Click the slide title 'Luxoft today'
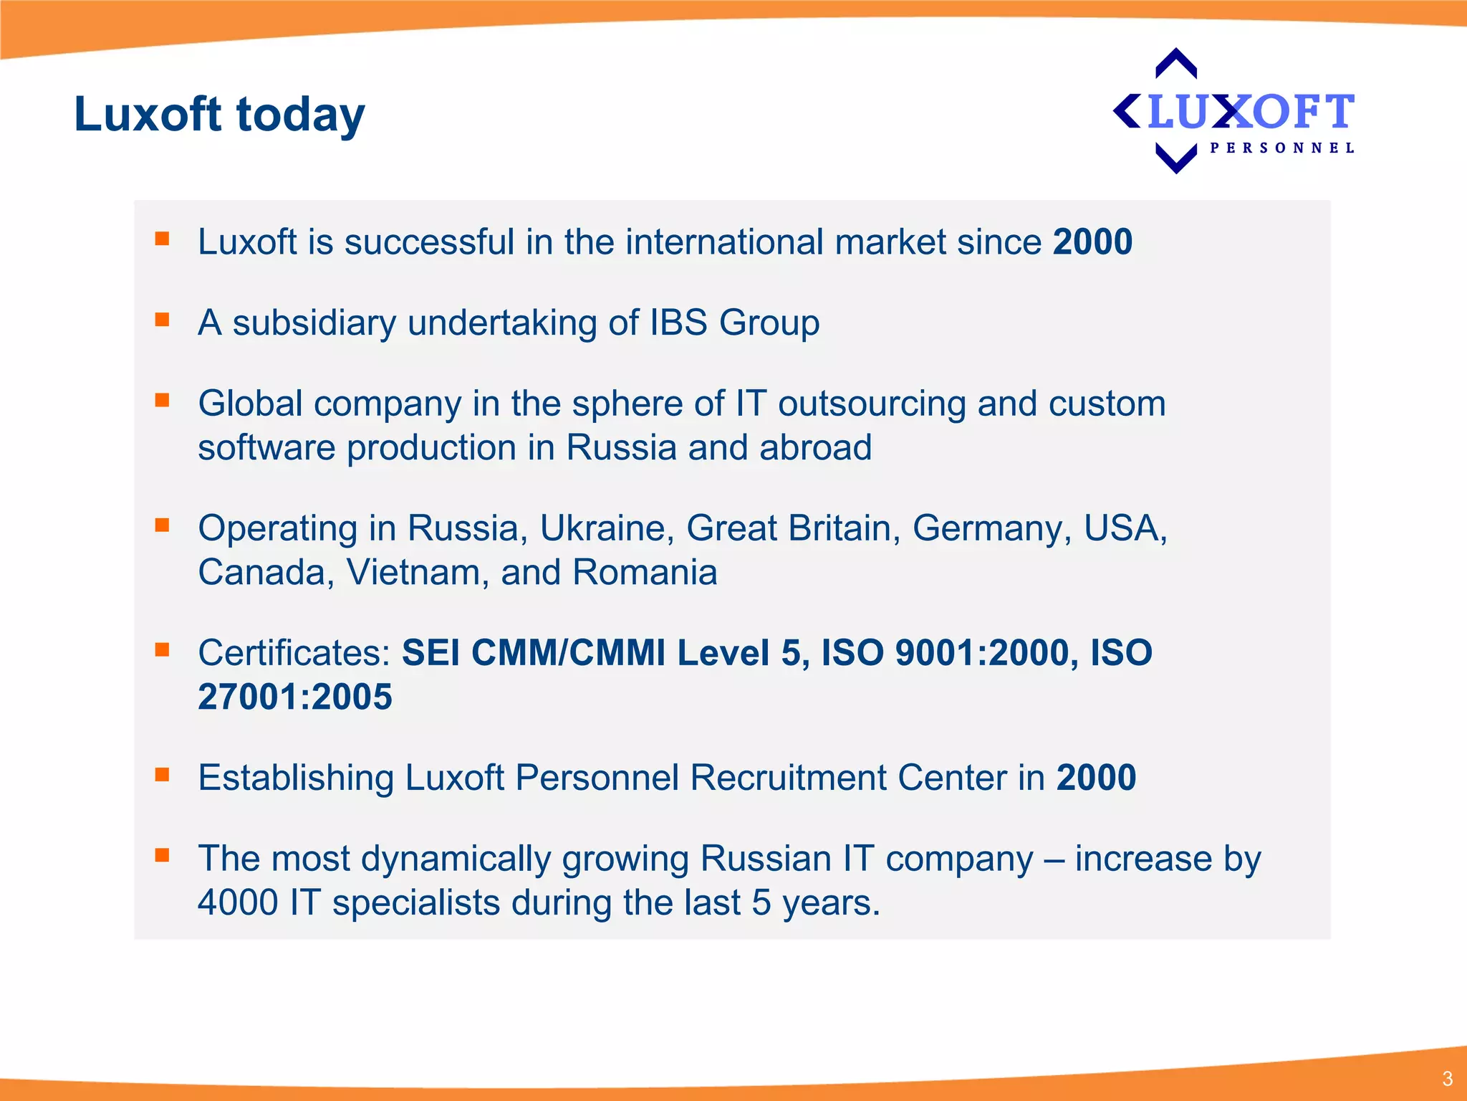coord(219,115)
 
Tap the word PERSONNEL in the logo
coord(1281,148)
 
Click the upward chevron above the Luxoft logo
coord(1176,62)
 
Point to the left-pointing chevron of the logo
coord(1126,111)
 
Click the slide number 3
coord(1447,1079)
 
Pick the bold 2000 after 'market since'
coord(1092,242)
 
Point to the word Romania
coord(645,573)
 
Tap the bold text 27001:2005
coord(295,697)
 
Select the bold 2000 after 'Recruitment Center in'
coord(1096,778)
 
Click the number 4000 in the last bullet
coord(238,902)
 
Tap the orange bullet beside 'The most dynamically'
coord(163,854)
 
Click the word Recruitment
coord(788,778)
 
